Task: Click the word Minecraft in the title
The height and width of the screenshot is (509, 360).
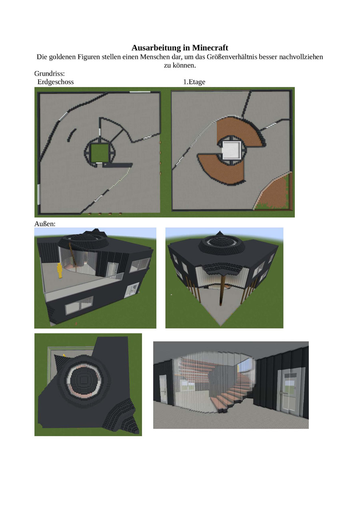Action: click(x=210, y=48)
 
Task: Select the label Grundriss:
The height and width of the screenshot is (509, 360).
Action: click(x=50, y=74)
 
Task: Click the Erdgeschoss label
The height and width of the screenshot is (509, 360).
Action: click(x=56, y=82)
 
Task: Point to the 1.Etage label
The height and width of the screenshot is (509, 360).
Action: click(x=194, y=82)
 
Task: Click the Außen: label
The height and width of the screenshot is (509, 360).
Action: click(x=45, y=224)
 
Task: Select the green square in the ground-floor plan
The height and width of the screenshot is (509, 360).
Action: click(x=100, y=153)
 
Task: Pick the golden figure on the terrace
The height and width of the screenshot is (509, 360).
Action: click(x=60, y=271)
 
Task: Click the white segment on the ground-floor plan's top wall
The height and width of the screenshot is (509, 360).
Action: click(x=140, y=92)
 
